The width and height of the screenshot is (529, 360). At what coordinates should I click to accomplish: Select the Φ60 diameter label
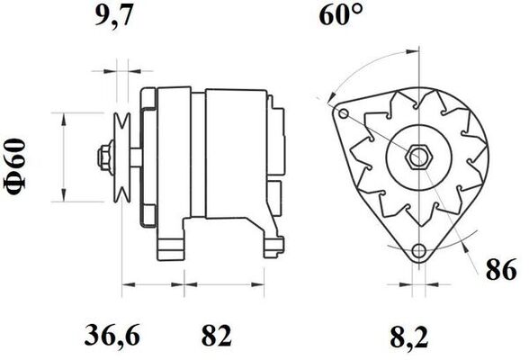tap(15, 167)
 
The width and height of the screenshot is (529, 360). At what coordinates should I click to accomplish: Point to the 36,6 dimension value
tap(112, 335)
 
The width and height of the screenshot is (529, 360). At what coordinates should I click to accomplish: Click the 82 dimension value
tap(216, 336)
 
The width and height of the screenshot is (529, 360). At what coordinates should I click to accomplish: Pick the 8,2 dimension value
tap(408, 337)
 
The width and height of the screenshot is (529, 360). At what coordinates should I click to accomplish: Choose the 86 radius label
tap(501, 269)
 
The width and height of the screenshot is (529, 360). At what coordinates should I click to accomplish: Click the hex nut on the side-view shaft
tap(105, 157)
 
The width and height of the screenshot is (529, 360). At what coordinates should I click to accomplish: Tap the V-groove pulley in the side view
tap(122, 157)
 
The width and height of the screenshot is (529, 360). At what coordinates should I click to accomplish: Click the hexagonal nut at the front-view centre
tap(418, 157)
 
